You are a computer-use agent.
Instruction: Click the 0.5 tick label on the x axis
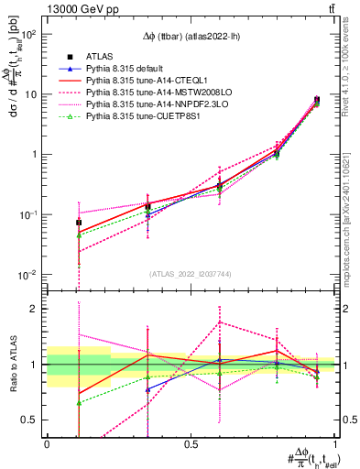[191, 444]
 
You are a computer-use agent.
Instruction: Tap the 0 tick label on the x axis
[47, 444]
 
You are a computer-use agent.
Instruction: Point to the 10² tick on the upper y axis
[28, 34]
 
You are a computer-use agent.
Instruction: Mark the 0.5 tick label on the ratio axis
[30, 420]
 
